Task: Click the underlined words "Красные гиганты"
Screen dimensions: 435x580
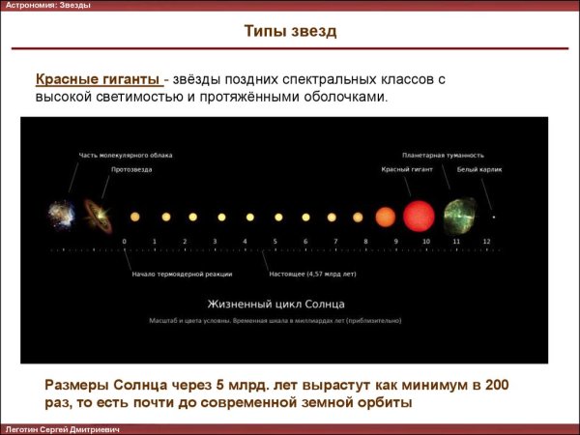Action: tap(98, 78)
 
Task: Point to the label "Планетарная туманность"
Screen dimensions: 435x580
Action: tap(443, 155)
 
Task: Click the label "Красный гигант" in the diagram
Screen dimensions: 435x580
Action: tap(406, 169)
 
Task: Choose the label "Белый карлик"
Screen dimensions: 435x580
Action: tap(474, 169)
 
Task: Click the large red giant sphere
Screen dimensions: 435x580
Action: tap(420, 215)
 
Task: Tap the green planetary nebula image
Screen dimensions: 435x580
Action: tap(458, 216)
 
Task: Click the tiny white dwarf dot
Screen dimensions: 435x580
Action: tap(493, 217)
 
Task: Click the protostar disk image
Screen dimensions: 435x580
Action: tap(97, 215)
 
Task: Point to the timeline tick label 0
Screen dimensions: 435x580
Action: tap(124, 240)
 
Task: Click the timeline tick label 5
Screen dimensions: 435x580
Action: tap(275, 240)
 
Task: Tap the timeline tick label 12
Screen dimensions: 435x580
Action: tap(486, 240)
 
